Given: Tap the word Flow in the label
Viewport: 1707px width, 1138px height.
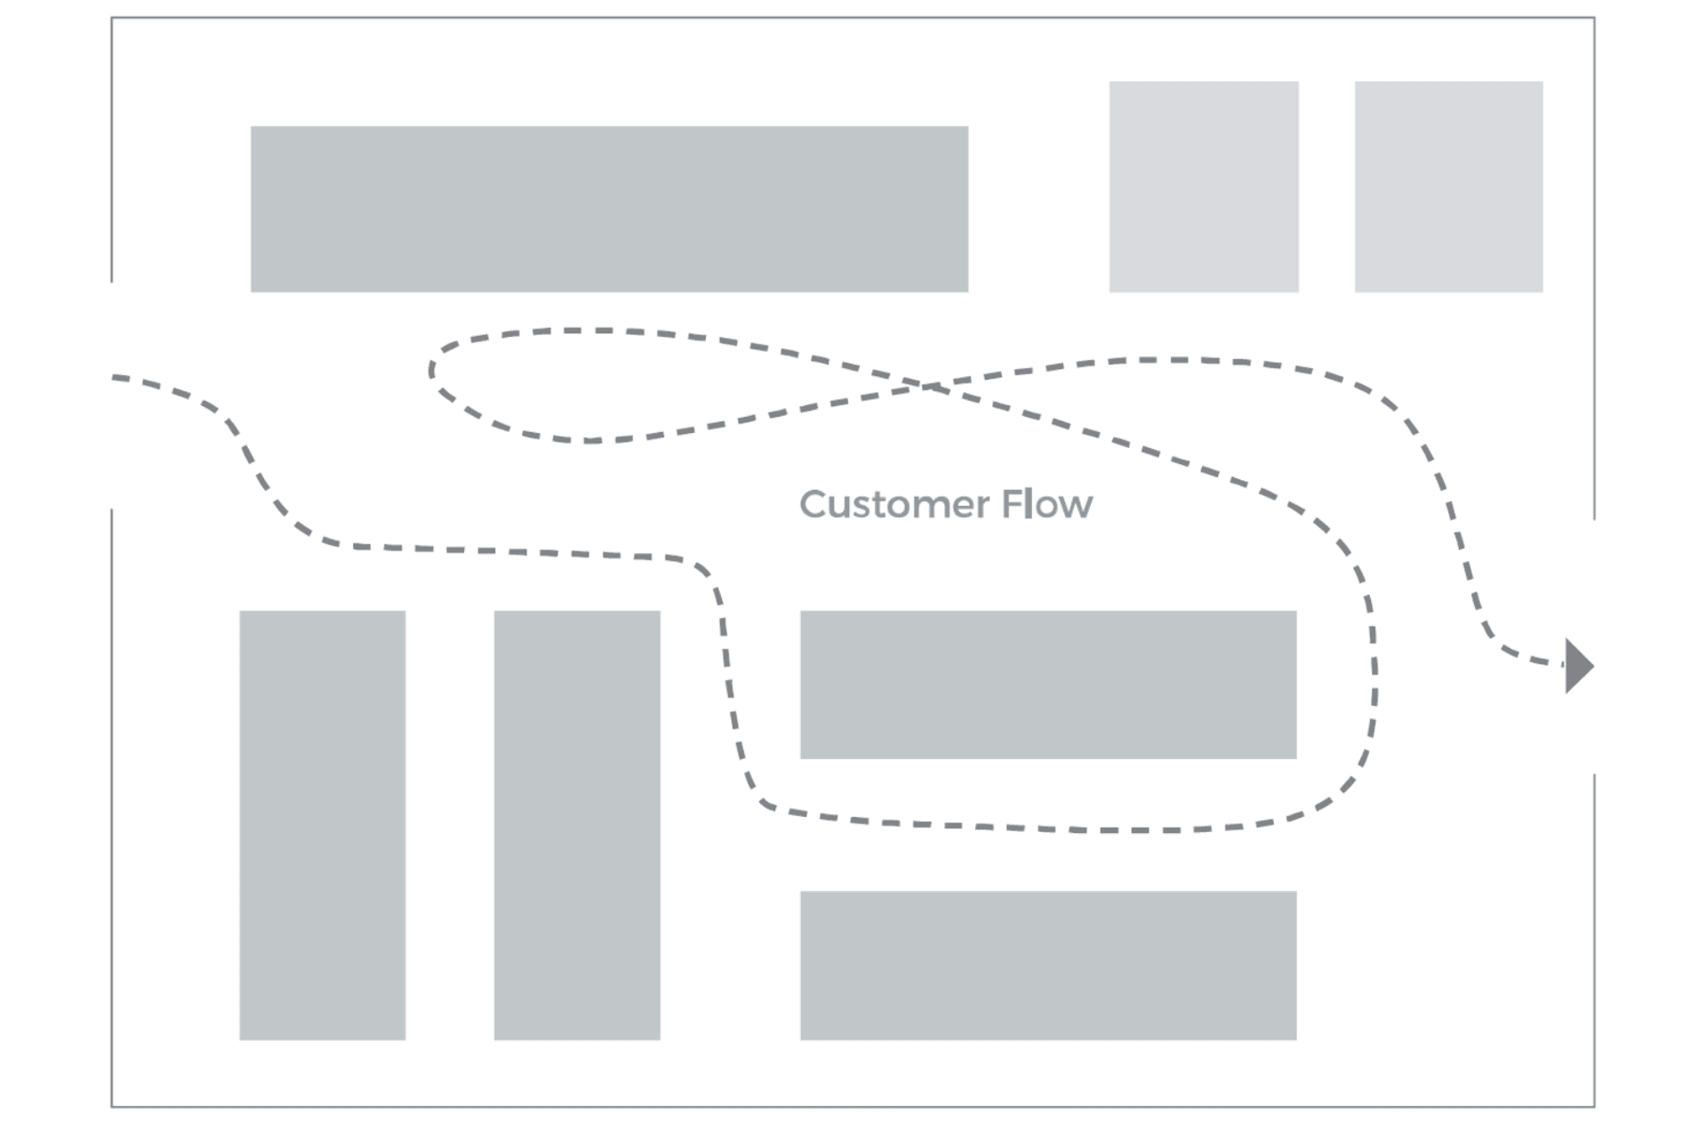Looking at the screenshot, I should pos(1046,505).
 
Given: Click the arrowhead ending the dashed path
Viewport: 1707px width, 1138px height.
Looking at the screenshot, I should pos(1579,666).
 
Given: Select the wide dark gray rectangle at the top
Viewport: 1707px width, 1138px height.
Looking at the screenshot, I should pos(609,209).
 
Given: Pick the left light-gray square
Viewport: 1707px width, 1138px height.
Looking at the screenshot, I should pos(1204,187).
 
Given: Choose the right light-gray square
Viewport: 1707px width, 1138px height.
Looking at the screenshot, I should pos(1448,187).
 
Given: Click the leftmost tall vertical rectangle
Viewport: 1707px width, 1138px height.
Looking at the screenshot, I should pos(323,825).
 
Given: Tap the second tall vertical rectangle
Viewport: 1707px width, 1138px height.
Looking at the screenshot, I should pos(577,825).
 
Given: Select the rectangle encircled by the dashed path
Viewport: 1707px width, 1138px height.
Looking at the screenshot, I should pos(1048,685).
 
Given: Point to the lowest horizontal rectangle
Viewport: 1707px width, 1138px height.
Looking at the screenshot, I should pos(1048,966).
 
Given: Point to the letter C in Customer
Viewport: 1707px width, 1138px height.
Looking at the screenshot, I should pos(813,505).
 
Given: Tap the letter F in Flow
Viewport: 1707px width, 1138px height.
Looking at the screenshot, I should pos(1010,504).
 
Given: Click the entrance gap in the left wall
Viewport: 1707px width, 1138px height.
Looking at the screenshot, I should pos(112,396).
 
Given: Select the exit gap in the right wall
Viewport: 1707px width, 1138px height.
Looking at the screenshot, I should pos(1594,646).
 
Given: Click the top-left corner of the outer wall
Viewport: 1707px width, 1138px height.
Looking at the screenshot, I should pos(112,18).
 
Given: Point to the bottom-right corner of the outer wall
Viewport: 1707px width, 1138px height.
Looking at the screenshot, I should pos(1594,1107).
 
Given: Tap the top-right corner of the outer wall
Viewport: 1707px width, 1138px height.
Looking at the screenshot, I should pos(1594,18).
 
